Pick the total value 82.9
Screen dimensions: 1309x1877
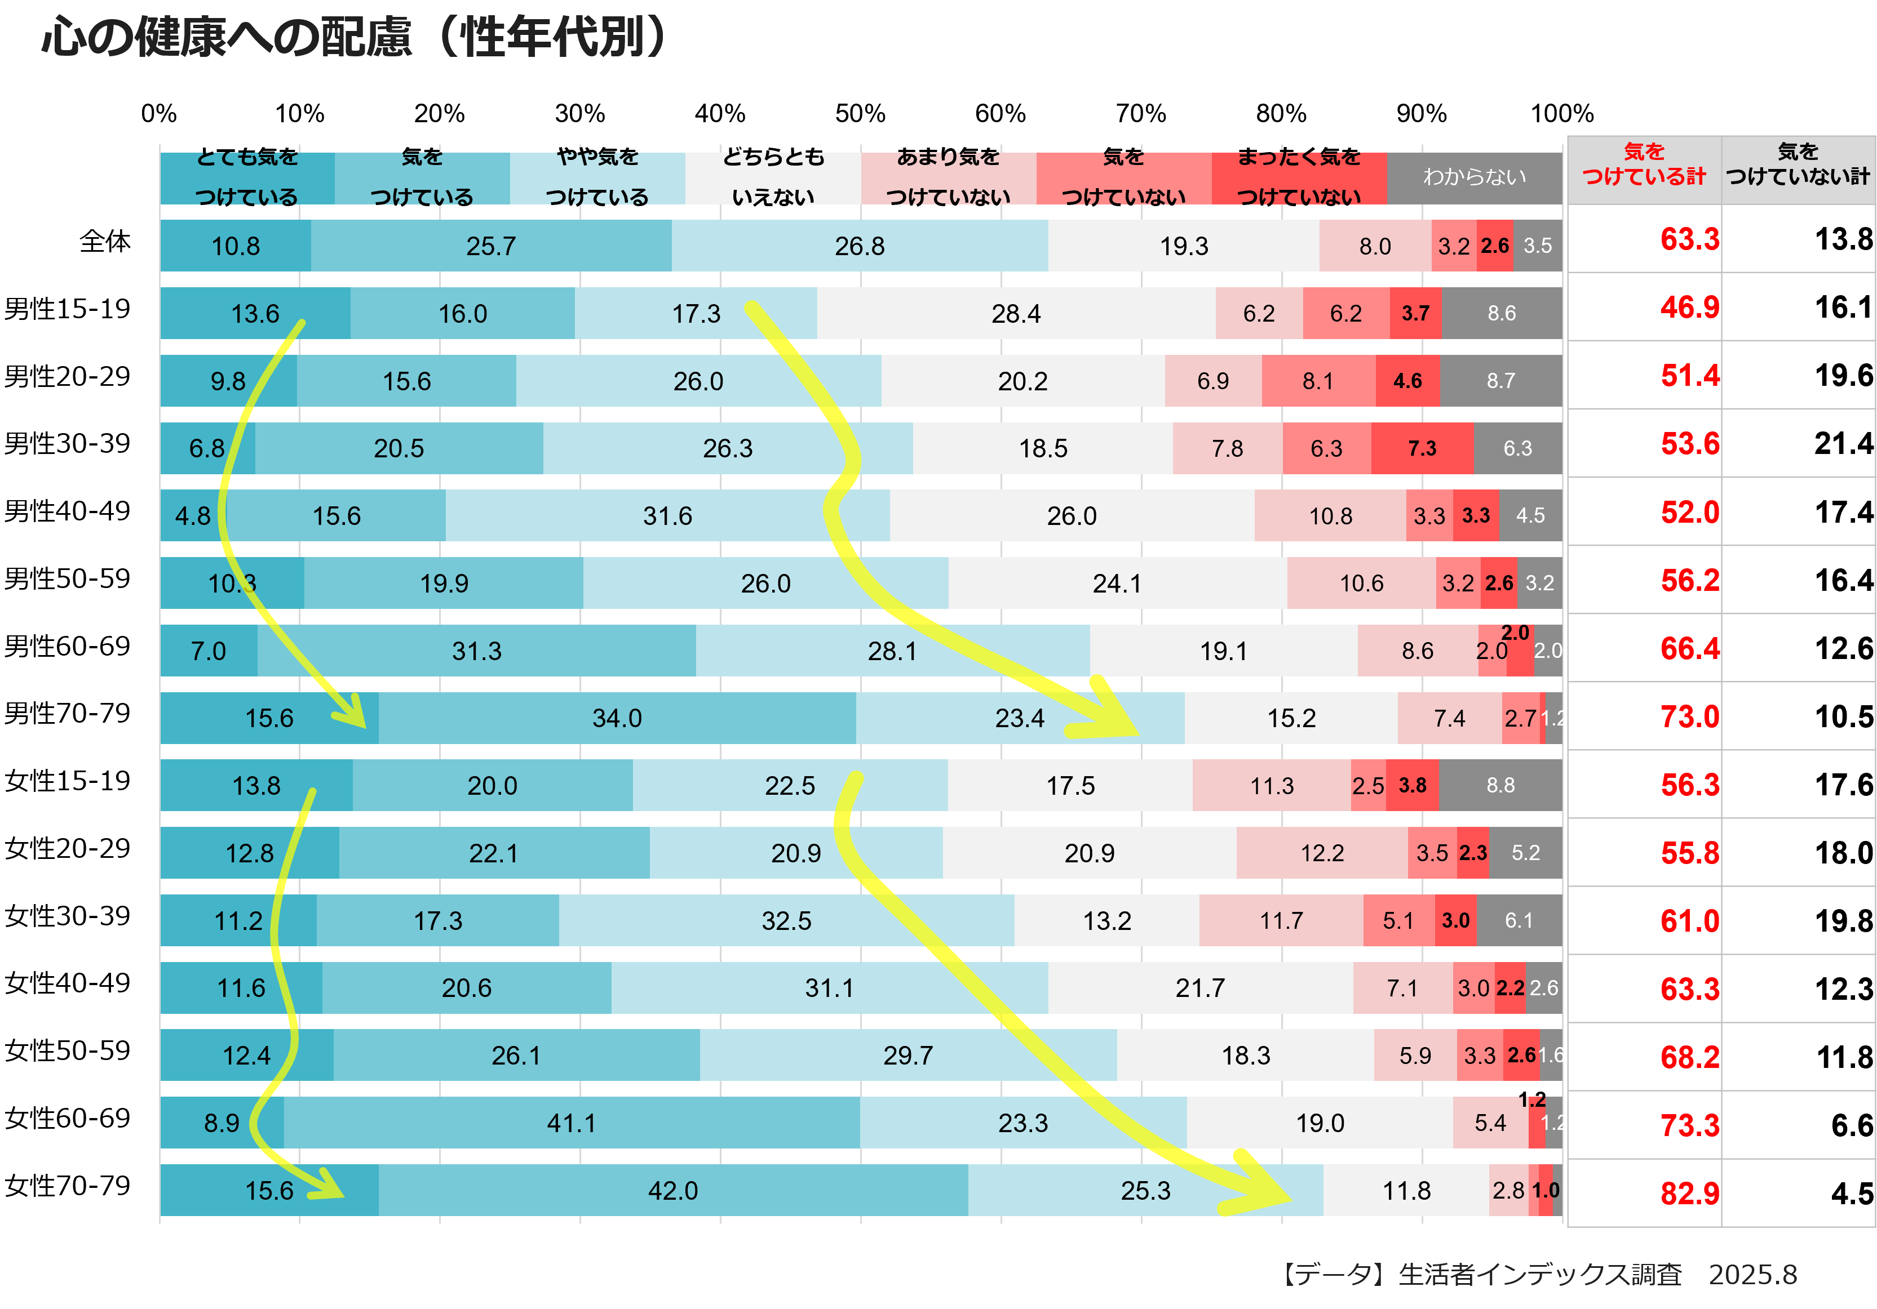coord(1689,1194)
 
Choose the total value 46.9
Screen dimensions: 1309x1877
coord(1689,308)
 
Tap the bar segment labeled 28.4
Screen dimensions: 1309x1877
coord(1016,314)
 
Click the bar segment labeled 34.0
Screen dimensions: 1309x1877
coord(617,718)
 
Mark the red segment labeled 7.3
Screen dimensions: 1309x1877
coord(1422,448)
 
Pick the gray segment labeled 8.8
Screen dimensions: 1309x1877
coord(1500,785)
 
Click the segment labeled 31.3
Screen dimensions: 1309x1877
coord(477,651)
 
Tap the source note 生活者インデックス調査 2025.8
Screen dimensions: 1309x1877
coord(1537,1275)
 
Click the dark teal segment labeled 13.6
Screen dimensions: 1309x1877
coord(255,314)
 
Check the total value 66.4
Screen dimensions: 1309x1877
coord(1689,649)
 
